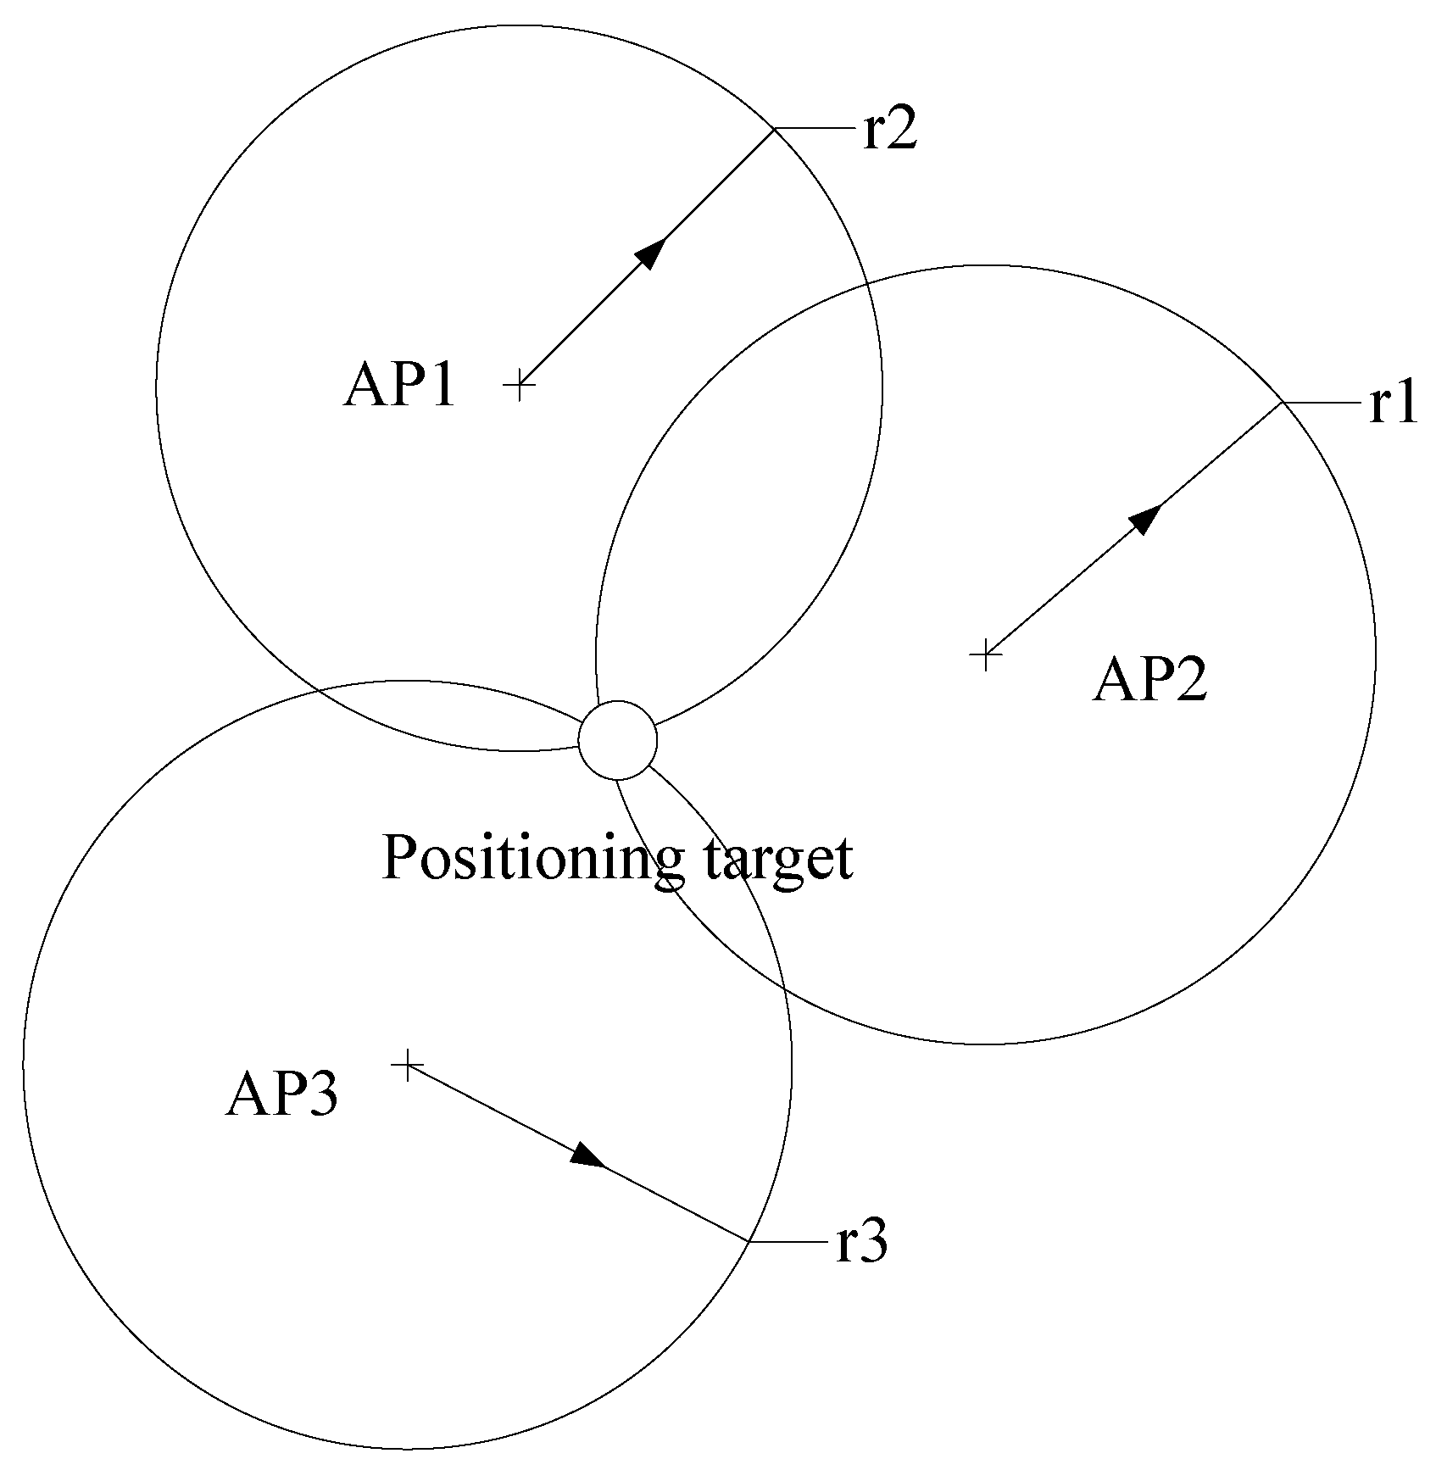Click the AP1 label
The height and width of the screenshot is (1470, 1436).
(399, 387)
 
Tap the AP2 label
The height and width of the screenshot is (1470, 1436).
(1149, 680)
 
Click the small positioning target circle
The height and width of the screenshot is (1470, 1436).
(617, 740)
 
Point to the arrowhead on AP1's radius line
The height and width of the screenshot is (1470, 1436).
(650, 253)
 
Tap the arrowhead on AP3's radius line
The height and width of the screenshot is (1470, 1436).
(588, 1155)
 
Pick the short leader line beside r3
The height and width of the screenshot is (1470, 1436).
(787, 1242)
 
